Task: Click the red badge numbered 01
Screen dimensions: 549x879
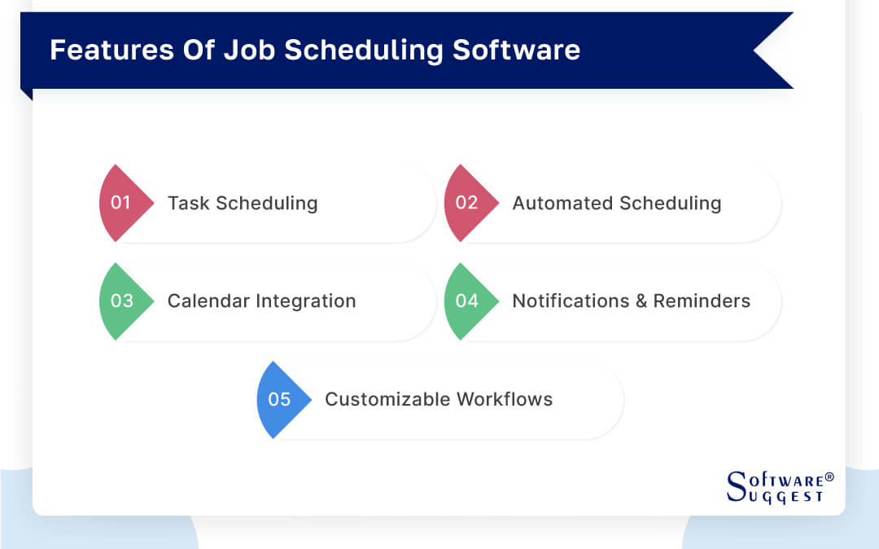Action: pyautogui.click(x=122, y=203)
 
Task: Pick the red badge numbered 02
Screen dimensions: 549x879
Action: pyautogui.click(x=467, y=203)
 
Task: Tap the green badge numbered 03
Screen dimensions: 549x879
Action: pyautogui.click(x=122, y=301)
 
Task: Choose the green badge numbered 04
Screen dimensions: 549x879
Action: pyautogui.click(x=467, y=301)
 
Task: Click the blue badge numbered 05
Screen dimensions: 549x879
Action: pyautogui.click(x=280, y=399)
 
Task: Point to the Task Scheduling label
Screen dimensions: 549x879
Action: pyautogui.click(x=243, y=204)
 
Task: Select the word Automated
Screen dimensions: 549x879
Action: pyautogui.click(x=562, y=204)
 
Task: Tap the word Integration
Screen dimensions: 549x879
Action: pyautogui.click(x=307, y=301)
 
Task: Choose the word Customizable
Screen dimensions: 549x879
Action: pyautogui.click(x=387, y=399)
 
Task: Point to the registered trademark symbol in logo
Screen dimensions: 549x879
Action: pyautogui.click(x=829, y=476)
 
